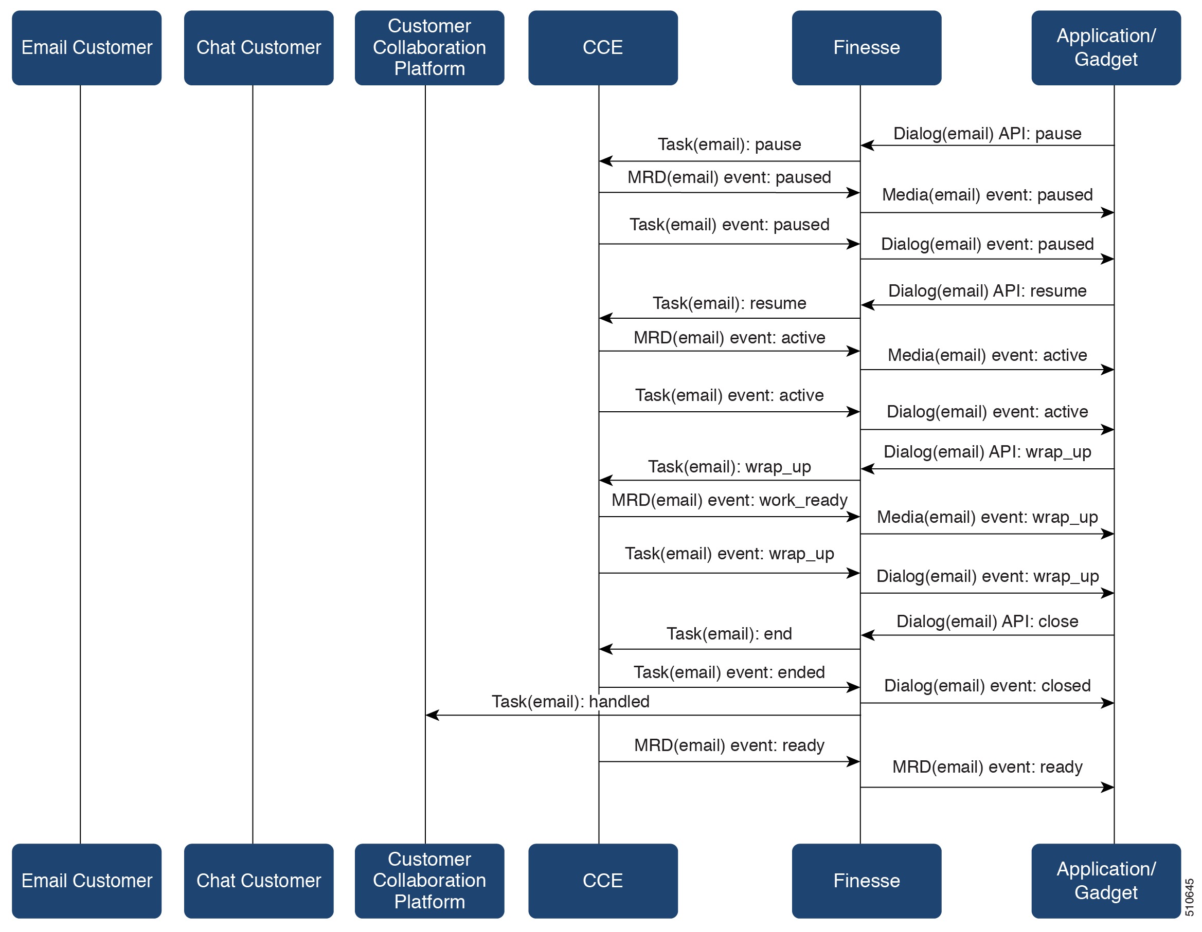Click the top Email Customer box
pyautogui.click(x=86, y=48)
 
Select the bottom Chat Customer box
pyautogui.click(x=259, y=881)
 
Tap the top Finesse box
pyautogui.click(x=866, y=48)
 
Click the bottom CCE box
pyautogui.click(x=603, y=881)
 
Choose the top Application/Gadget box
pyautogui.click(x=1106, y=48)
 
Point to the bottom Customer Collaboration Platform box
pyautogui.click(x=429, y=881)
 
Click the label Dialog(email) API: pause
pyautogui.click(x=987, y=134)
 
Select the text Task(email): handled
pyautogui.click(x=570, y=702)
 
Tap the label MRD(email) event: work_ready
pyautogui.click(x=729, y=500)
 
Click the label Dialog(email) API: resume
pyautogui.click(x=987, y=291)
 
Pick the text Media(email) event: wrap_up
pyautogui.click(x=987, y=517)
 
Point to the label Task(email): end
pyautogui.click(x=729, y=634)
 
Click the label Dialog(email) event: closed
pyautogui.click(x=987, y=686)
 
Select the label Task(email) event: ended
pyautogui.click(x=729, y=672)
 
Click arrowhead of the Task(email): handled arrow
pyautogui.click(x=431, y=715)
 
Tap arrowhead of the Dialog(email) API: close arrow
pyautogui.click(x=867, y=635)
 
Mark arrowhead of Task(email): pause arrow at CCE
pyautogui.click(x=605, y=161)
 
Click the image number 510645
pyautogui.click(x=1189, y=897)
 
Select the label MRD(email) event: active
pyautogui.click(x=729, y=338)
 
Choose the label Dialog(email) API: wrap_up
pyautogui.click(x=987, y=452)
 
